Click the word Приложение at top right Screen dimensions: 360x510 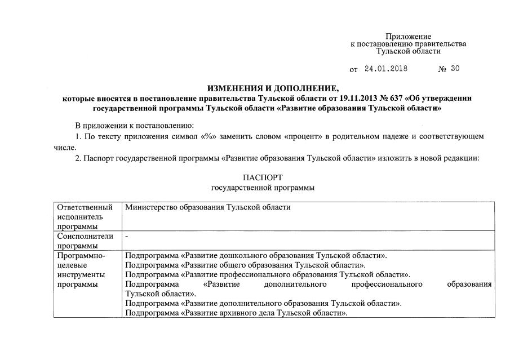tap(408, 37)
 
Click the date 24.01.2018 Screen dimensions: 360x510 tap(386, 69)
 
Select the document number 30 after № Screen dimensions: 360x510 tap(455, 69)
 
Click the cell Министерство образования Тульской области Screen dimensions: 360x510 tap(208, 207)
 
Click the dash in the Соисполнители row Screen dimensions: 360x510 tap(127, 237)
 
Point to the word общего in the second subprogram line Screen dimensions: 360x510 tap(232, 265)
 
